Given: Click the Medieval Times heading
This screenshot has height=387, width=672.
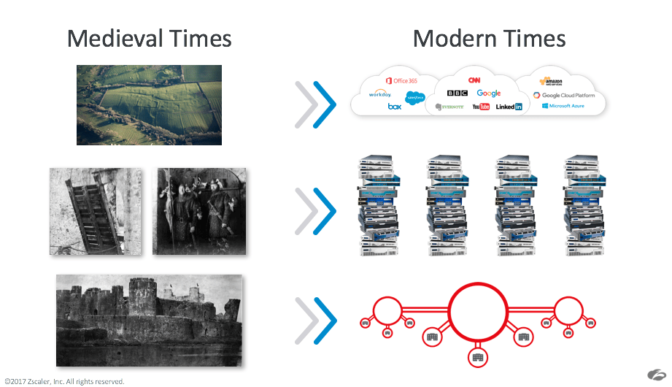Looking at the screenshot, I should coord(149,38).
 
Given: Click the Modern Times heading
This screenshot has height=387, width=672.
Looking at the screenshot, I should coord(489,38).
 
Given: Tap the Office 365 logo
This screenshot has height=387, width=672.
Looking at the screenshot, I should coord(401,80).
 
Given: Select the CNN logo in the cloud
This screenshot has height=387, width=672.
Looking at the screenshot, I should coord(474,80).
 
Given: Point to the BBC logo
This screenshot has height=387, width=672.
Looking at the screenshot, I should coord(457,93).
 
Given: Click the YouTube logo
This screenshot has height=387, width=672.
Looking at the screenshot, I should coord(481,107).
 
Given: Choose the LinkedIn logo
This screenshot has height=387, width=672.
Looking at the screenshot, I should coord(509,107).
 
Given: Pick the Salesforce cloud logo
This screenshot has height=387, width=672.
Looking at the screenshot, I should coord(416,96).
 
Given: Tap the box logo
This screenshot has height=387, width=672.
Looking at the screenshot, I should coord(395,107).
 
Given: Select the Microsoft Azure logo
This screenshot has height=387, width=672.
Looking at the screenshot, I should coord(563,106).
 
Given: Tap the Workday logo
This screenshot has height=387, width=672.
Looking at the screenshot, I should coord(380,94).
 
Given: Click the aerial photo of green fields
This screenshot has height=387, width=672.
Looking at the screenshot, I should coord(149,104).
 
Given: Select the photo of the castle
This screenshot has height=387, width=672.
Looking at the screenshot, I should coord(149,320).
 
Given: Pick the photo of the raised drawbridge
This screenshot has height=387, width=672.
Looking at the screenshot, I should coord(96,211).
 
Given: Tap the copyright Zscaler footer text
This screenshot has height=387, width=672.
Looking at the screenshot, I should coord(64,381).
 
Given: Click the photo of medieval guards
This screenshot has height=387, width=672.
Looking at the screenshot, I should coord(199,211).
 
